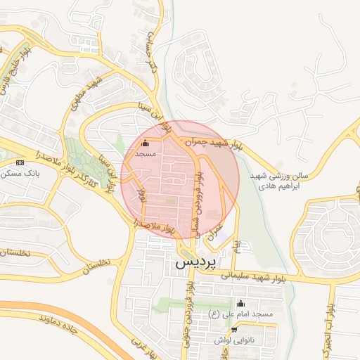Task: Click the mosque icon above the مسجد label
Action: [x=146, y=145]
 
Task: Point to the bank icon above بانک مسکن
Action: [x=20, y=162]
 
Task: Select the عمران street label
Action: [x=216, y=234]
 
